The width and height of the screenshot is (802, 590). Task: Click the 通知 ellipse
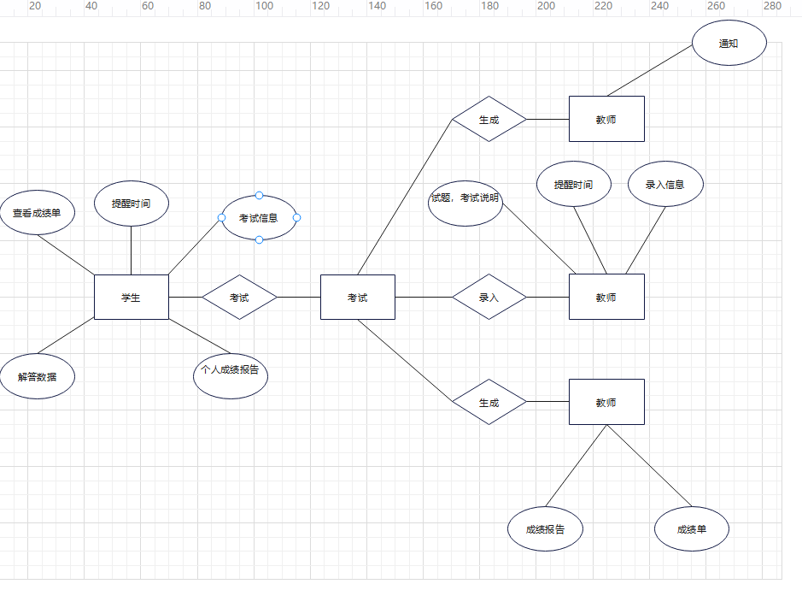click(729, 44)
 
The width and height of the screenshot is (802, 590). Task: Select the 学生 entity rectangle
click(131, 298)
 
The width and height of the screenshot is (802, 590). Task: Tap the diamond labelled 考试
click(239, 298)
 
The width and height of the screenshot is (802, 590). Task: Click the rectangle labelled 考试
click(357, 298)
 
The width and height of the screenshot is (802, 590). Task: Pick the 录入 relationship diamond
click(489, 298)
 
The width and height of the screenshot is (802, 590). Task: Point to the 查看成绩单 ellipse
click(38, 212)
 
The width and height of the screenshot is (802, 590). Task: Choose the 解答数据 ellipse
click(38, 376)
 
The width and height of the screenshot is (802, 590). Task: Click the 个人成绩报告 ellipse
click(230, 371)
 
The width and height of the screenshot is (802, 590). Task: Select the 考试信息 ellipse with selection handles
click(259, 218)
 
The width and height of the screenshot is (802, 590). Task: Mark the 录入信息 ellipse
click(665, 184)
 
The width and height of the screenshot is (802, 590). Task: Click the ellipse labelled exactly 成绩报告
click(545, 529)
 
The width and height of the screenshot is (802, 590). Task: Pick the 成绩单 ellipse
click(692, 529)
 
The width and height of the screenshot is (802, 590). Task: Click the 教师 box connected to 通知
click(606, 119)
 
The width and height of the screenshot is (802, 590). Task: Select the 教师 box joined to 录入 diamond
click(606, 298)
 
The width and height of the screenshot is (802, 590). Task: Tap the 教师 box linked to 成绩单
click(606, 402)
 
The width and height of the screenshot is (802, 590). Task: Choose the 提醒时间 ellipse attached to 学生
click(131, 204)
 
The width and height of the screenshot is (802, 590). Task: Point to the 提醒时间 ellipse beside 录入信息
click(574, 184)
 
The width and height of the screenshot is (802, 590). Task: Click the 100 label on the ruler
click(264, 6)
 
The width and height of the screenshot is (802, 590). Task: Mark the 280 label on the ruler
click(772, 6)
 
